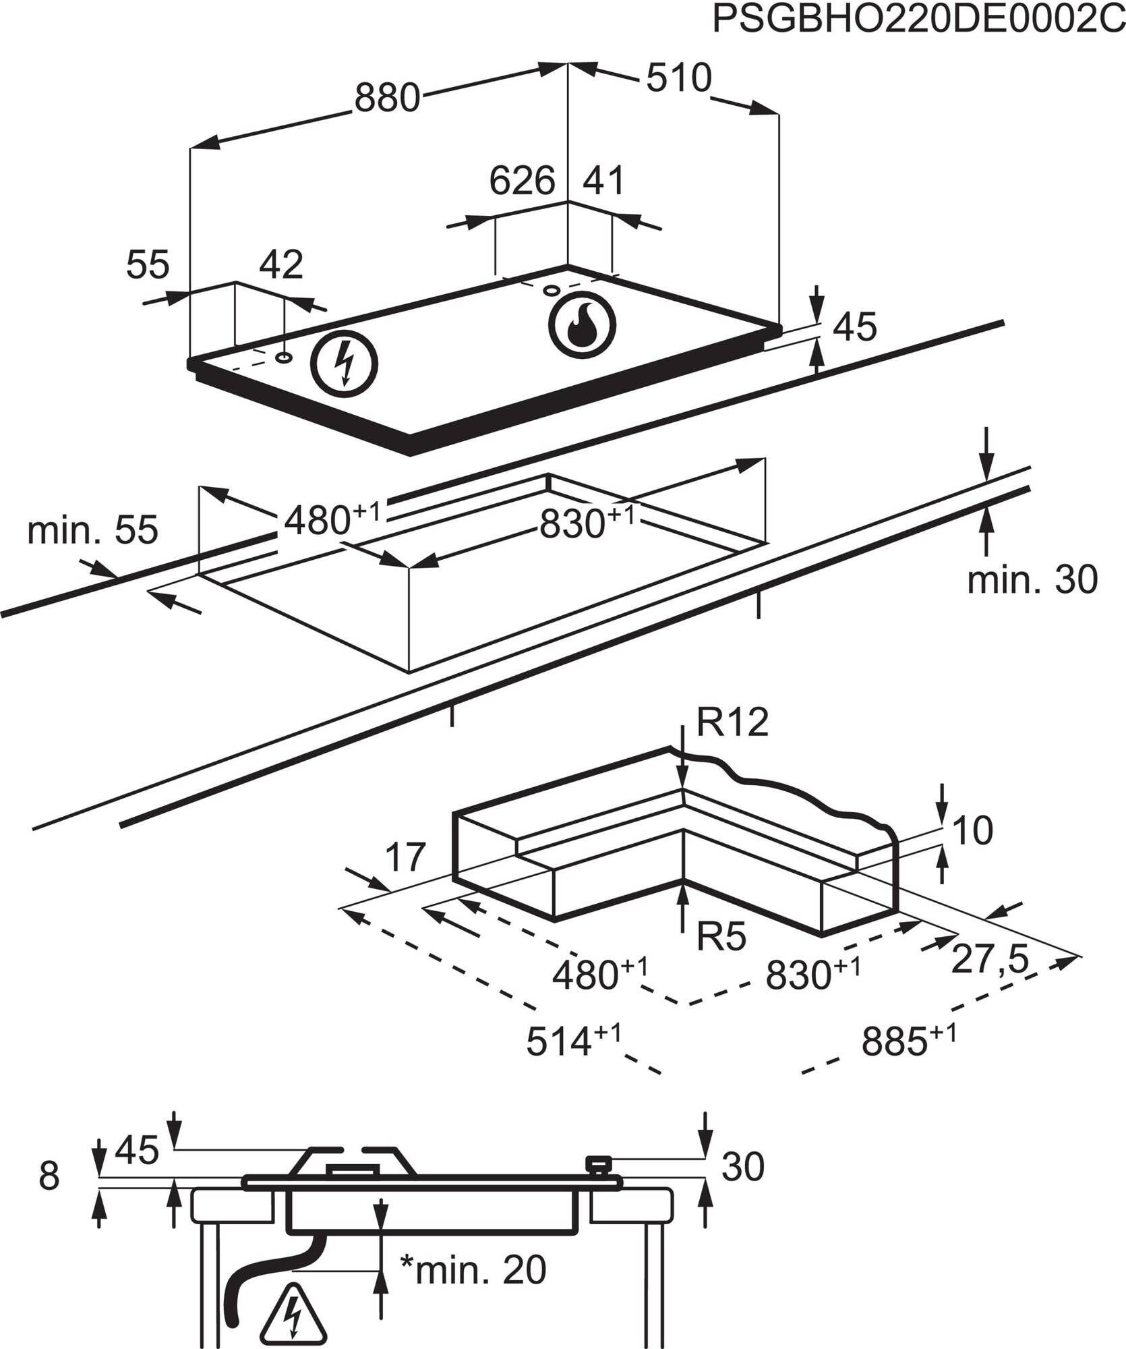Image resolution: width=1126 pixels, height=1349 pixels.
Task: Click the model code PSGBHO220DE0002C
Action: (918, 20)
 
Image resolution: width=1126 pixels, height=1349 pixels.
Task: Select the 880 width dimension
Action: (387, 98)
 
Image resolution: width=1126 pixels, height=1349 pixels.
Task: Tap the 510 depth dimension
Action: (678, 78)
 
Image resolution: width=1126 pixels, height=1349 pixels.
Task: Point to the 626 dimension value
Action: (522, 181)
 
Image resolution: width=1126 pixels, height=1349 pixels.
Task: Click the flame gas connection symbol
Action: (582, 325)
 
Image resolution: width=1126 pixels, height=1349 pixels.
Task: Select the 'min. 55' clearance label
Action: (92, 529)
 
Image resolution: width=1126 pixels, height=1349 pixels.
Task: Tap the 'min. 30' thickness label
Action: (1032, 579)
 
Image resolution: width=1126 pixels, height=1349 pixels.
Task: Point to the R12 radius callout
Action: (732, 723)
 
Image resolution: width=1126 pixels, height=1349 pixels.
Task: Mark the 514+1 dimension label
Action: (574, 1060)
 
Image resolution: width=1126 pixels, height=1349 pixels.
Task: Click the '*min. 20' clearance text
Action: (473, 1269)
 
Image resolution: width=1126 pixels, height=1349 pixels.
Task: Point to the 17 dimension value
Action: (405, 857)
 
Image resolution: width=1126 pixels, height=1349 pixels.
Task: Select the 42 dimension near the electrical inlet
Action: (281, 264)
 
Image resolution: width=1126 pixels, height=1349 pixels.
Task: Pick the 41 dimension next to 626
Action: (603, 181)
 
